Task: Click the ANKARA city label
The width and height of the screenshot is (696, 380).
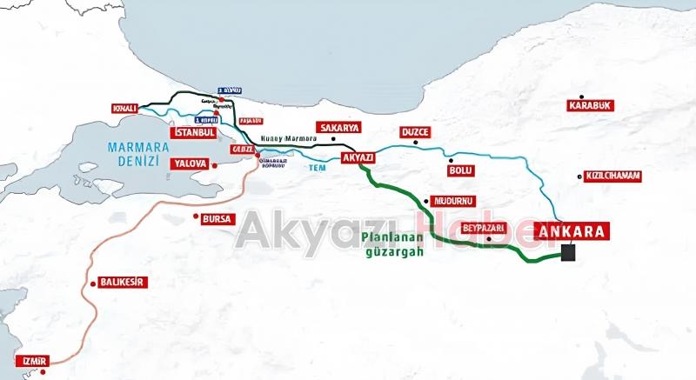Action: point(572,231)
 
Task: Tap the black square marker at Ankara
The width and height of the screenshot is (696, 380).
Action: point(569,253)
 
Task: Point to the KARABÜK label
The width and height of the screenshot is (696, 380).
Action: point(591,106)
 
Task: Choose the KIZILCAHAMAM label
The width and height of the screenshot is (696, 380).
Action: point(613,176)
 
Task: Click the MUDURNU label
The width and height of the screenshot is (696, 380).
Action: point(451,201)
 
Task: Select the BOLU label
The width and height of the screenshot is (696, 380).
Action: point(459,170)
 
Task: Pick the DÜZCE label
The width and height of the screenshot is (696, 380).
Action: point(416,133)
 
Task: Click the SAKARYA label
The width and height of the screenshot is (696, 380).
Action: point(338,127)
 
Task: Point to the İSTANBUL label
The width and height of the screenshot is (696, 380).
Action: point(193,133)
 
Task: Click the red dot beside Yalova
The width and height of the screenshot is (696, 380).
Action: point(213,163)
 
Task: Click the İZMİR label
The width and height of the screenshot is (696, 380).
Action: point(30,361)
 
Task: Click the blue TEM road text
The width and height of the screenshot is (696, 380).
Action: point(319,167)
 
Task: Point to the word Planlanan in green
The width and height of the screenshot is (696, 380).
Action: point(391,236)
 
